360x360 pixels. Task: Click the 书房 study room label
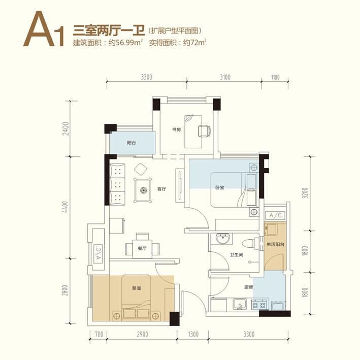click(176, 129)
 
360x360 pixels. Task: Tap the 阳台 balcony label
click(132, 143)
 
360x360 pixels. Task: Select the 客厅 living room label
click(161, 189)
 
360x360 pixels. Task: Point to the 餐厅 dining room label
click(142, 248)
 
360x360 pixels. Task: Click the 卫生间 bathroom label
click(237, 254)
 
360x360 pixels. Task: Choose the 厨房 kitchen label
click(248, 287)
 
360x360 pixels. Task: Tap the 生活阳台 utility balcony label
click(275, 244)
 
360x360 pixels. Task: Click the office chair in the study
click(204, 131)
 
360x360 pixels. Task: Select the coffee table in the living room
click(143, 190)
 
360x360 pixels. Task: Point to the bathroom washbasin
click(222, 239)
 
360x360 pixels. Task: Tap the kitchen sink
click(240, 305)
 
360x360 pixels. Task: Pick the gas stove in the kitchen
click(259, 305)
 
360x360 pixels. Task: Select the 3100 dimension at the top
click(225, 77)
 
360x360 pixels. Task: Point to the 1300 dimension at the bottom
click(193, 334)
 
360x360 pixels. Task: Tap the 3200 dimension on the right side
click(305, 194)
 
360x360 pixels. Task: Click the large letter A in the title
click(39, 29)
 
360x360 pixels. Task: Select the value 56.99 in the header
click(125, 43)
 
